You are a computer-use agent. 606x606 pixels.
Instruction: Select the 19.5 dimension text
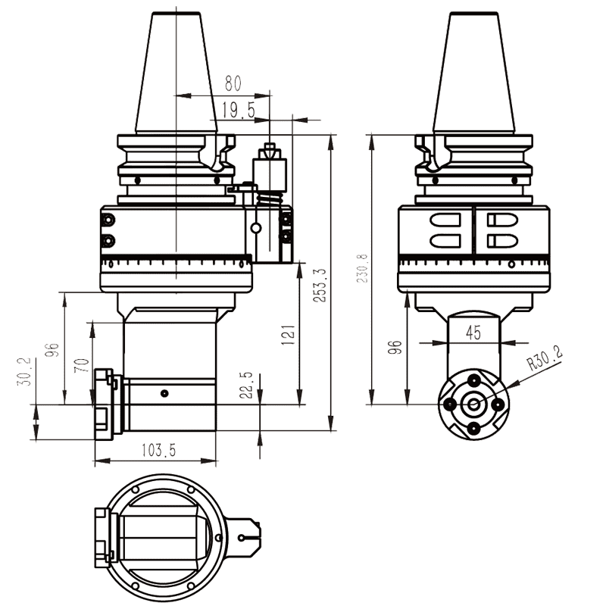pyautogui.click(x=239, y=111)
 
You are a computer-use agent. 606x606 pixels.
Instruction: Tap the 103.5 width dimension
pyautogui.click(x=158, y=450)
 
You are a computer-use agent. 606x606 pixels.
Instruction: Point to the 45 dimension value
pyautogui.click(x=473, y=332)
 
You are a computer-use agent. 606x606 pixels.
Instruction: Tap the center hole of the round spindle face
pyautogui.click(x=473, y=405)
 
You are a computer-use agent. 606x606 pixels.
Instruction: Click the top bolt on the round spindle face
pyautogui.click(x=473, y=380)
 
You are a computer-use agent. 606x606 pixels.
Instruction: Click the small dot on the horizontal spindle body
pyautogui.click(x=164, y=393)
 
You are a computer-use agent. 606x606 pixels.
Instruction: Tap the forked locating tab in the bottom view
pyautogui.click(x=247, y=538)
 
